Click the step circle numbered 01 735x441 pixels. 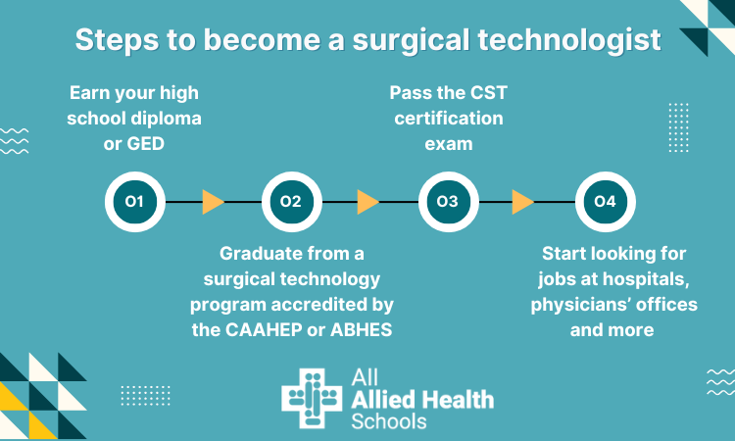[x=134, y=202]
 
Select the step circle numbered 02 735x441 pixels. [x=291, y=202]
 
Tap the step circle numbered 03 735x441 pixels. [x=447, y=202]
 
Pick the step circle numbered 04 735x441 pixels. [x=605, y=202]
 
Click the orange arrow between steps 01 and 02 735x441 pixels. [x=213, y=202]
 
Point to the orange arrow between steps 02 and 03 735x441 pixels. [x=368, y=202]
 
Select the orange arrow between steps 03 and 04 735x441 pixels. [x=523, y=202]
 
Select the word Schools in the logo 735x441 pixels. [x=388, y=421]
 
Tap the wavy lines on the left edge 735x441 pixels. [x=14, y=141]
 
